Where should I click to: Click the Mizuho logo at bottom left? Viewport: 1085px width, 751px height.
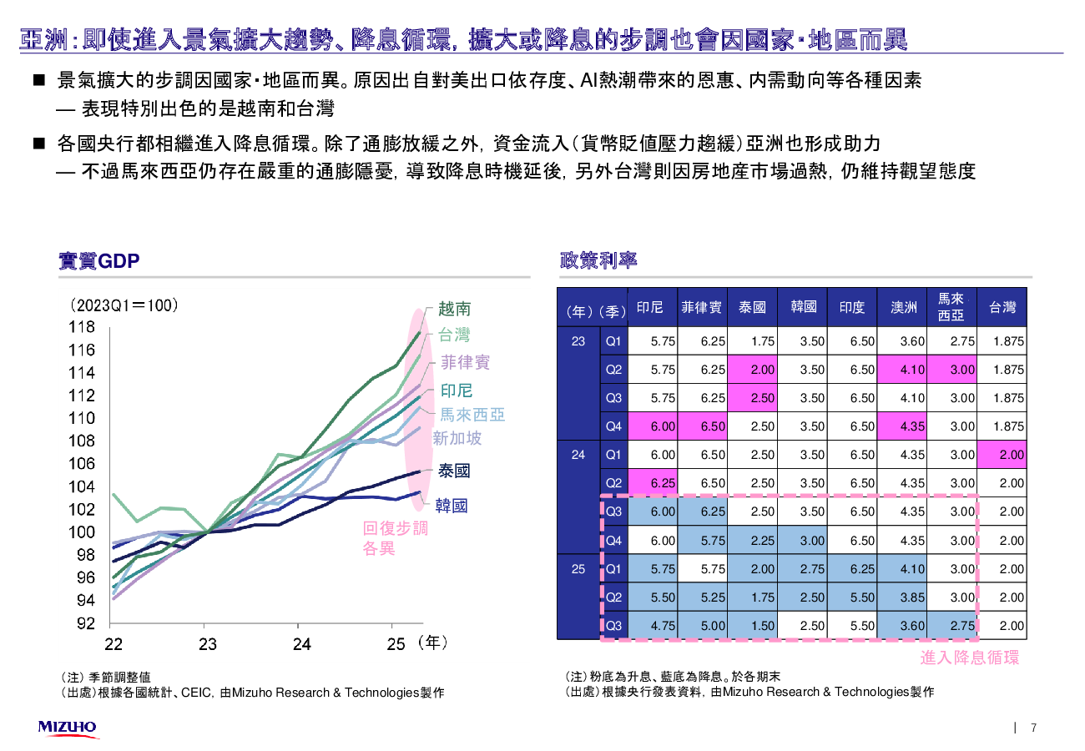point(67,728)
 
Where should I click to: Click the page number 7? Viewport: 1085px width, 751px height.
point(1034,728)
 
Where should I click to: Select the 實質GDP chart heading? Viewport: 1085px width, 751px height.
point(98,261)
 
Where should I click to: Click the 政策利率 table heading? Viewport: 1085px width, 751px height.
point(598,260)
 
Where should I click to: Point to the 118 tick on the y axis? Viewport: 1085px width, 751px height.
point(82,328)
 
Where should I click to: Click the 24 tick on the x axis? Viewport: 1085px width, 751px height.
point(301,644)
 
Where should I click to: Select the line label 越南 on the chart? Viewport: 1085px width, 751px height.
point(455,309)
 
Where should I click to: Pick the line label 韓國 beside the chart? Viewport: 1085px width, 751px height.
point(452,505)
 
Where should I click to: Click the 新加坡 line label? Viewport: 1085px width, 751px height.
point(457,438)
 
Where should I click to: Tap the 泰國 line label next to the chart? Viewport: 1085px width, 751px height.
point(455,471)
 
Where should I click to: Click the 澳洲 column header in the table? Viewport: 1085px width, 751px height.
point(904,308)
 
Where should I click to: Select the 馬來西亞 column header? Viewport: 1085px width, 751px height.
point(951,307)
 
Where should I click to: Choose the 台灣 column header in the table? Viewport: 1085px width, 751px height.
point(1002,308)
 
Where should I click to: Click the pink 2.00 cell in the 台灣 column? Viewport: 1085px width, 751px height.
point(1002,455)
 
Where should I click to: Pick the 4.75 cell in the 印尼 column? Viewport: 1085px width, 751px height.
point(651,626)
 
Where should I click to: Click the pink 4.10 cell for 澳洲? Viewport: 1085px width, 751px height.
point(902,370)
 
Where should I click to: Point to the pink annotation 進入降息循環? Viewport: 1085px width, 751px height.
point(969,658)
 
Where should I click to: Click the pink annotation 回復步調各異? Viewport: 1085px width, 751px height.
point(395,538)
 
